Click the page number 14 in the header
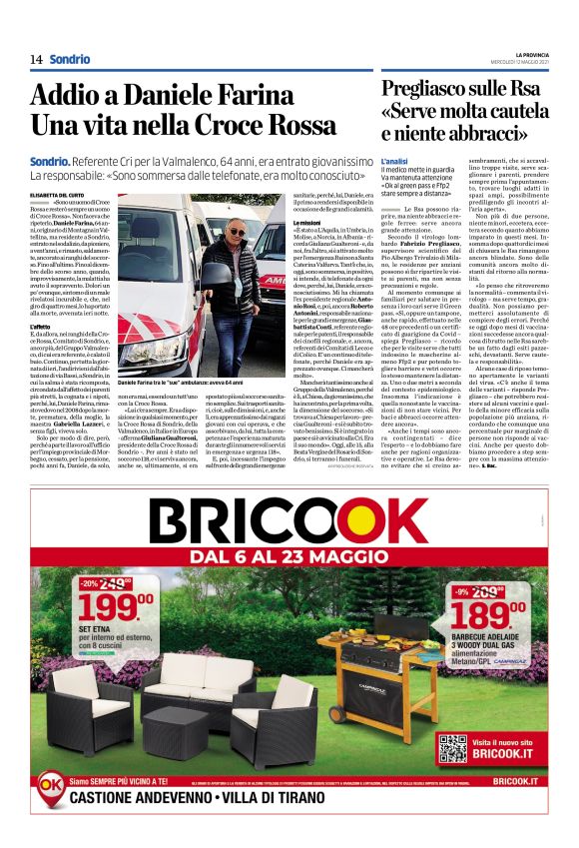[36, 59]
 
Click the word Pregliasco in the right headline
[435, 88]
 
